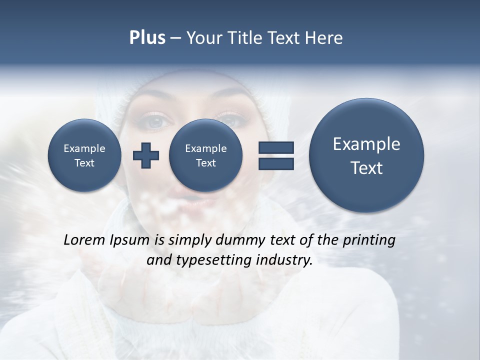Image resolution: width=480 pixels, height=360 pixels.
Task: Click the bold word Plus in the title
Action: [x=147, y=38]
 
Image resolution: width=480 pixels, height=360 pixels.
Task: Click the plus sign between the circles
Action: [x=146, y=155]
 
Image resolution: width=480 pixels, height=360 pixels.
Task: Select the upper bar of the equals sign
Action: [x=276, y=147]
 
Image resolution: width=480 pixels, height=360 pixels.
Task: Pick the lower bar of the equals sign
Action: [x=276, y=164]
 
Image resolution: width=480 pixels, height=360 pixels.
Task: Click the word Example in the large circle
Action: [x=366, y=144]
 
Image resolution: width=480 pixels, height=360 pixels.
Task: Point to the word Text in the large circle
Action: [x=366, y=168]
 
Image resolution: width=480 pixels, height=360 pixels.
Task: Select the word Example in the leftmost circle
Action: [x=84, y=148]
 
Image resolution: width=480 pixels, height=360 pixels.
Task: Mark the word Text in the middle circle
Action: [x=205, y=163]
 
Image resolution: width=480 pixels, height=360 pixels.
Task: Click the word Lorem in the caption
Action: [x=85, y=240]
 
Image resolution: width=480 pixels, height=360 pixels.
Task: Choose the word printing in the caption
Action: [x=368, y=240]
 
